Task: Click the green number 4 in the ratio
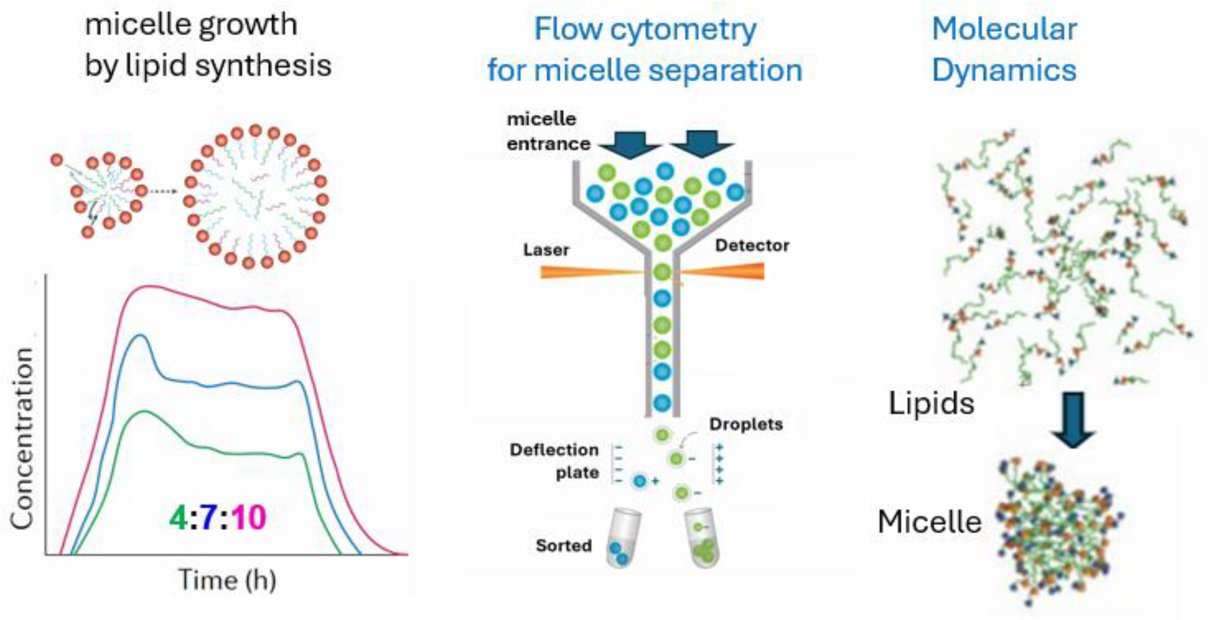(179, 518)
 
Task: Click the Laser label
(546, 250)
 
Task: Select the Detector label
(752, 245)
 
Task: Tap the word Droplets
(746, 424)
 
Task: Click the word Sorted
(564, 545)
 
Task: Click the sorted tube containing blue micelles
(622, 538)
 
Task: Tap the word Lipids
(931, 403)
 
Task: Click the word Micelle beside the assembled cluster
(929, 522)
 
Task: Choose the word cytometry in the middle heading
(683, 29)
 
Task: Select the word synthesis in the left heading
(263, 66)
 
